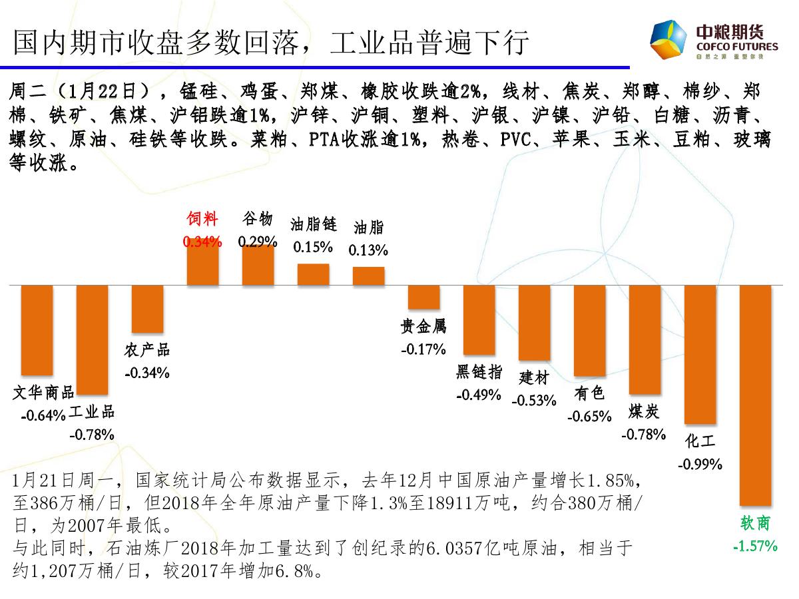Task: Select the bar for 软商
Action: pyautogui.click(x=755, y=395)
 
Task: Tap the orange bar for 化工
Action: pyautogui.click(x=700, y=354)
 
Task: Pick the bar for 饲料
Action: pyautogui.click(x=202, y=265)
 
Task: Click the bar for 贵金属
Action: pyautogui.click(x=423, y=297)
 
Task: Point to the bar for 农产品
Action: pyautogui.click(x=147, y=309)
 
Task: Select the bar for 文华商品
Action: pyautogui.click(x=37, y=330)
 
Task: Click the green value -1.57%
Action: pyautogui.click(x=755, y=546)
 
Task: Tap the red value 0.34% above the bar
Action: pyautogui.click(x=202, y=242)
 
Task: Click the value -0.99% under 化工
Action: pyautogui.click(x=700, y=464)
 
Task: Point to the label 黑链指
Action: pyautogui.click(x=479, y=372)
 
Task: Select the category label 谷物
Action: pyautogui.click(x=257, y=219)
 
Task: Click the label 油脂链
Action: pyautogui.click(x=313, y=224)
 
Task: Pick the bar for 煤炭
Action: pyautogui.click(x=645, y=339)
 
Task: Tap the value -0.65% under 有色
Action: pyautogui.click(x=589, y=417)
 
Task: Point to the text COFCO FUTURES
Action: pyautogui.click(x=736, y=47)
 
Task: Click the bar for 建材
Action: pyautogui.click(x=534, y=323)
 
